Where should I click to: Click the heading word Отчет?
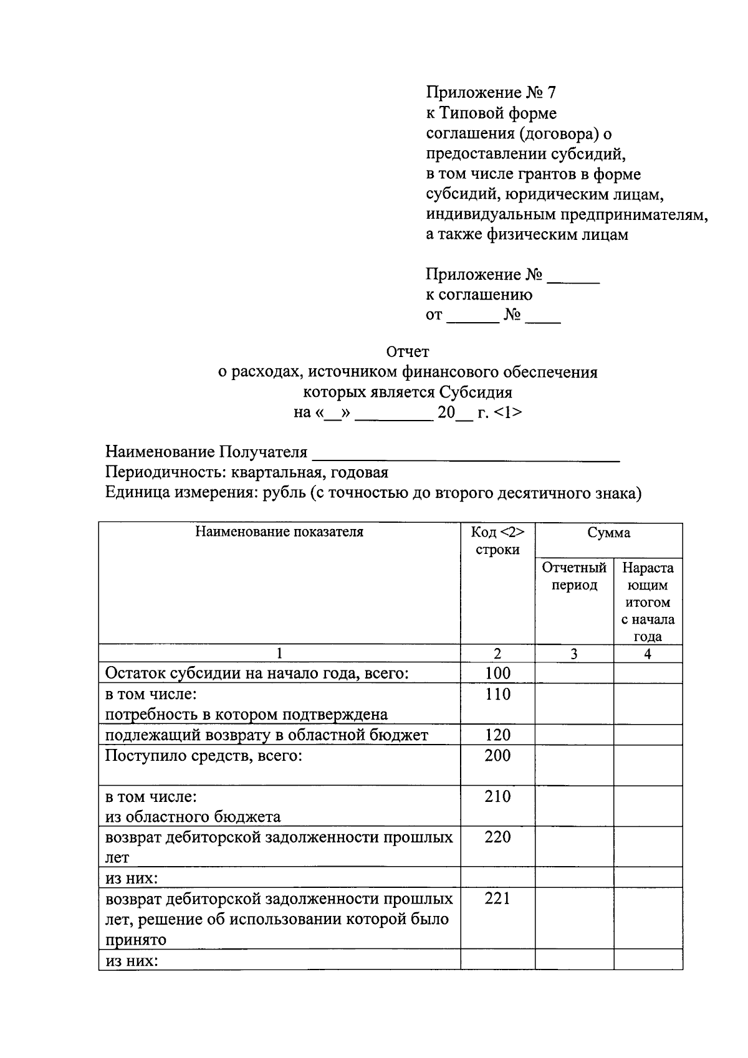click(408, 352)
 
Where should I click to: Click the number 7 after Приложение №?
click(550, 93)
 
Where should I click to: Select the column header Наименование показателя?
click(279, 532)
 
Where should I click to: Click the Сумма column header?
click(608, 533)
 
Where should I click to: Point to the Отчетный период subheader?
click(574, 576)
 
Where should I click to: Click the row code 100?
click(497, 673)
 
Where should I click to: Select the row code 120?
click(497, 735)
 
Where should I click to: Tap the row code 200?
click(497, 756)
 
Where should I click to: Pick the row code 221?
click(497, 898)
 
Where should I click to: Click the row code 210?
click(497, 796)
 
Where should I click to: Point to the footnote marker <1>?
click(507, 412)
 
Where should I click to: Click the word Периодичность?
click(158, 473)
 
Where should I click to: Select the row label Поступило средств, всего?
click(204, 756)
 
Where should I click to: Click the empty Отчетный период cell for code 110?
click(574, 703)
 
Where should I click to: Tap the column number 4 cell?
click(648, 654)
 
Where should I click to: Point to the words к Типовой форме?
click(491, 113)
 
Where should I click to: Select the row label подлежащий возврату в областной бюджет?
click(267, 735)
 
